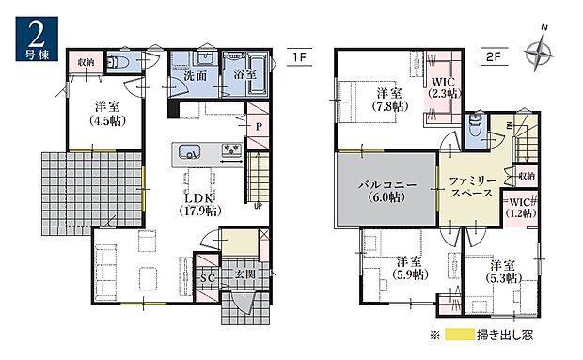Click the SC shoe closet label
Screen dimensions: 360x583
tap(207, 279)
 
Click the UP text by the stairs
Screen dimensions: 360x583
tap(258, 207)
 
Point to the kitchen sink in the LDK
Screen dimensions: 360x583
tap(185, 150)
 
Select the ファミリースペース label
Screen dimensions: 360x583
tap(474, 184)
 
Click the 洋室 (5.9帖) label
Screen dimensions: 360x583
tap(407, 267)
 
